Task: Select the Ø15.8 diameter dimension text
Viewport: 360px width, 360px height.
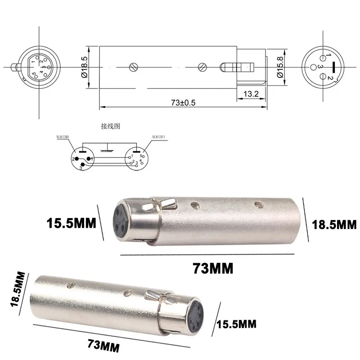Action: [x=279, y=68]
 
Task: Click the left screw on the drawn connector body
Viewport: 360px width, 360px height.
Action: [x=133, y=67]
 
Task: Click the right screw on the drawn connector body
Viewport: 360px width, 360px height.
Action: [x=202, y=67]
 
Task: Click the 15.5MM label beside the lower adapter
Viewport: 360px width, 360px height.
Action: [x=237, y=323]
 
